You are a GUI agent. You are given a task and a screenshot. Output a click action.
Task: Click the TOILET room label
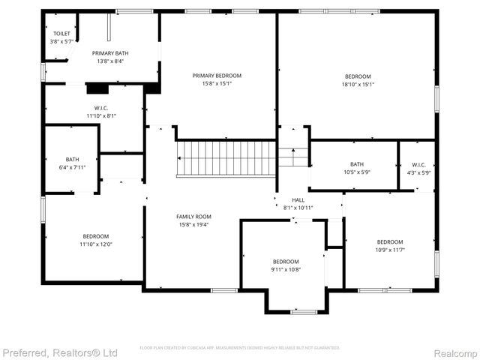[61, 34]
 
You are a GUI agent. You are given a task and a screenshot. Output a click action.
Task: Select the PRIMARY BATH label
[110, 53]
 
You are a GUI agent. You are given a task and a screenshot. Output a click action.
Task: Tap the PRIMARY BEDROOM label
[217, 76]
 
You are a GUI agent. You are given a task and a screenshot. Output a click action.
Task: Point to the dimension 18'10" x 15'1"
[358, 85]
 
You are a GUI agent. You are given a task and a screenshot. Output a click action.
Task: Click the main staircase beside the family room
[226, 157]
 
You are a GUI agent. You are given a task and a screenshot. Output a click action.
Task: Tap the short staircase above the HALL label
[293, 157]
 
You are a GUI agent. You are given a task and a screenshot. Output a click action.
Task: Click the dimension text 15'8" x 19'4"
[193, 224]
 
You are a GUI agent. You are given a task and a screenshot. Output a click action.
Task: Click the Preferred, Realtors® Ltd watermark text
[60, 352]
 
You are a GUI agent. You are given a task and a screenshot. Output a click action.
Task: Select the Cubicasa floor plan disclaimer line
[240, 348]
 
